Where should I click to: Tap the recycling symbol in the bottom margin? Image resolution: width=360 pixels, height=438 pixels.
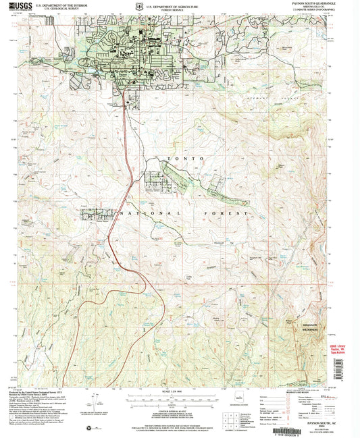(87, 428)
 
